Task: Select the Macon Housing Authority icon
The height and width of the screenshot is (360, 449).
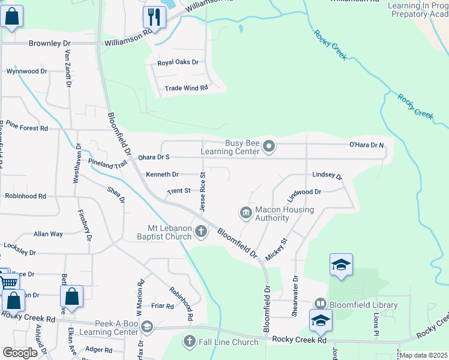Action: coord(246,213)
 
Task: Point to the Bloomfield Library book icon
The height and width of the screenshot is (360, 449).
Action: coord(321,305)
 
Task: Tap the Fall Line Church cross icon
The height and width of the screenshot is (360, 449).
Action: coord(189,342)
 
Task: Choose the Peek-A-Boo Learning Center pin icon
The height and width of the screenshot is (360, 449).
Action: coord(146,327)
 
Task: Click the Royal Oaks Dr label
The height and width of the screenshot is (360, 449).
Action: coord(178,62)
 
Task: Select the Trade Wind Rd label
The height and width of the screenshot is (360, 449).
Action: coord(186,88)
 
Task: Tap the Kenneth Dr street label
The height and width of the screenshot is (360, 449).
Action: coord(162,175)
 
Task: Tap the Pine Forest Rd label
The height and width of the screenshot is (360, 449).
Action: coord(27,128)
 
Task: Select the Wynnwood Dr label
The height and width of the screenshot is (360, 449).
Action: coord(26,71)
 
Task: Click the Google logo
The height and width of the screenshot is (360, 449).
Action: coord(20,353)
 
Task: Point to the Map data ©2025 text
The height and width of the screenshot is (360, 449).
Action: coord(424,355)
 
